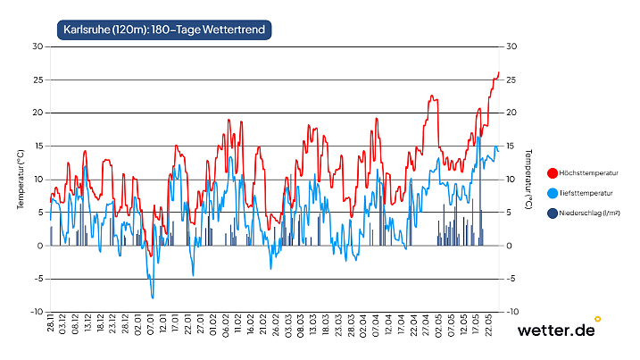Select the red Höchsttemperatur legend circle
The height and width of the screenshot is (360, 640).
click(553, 172)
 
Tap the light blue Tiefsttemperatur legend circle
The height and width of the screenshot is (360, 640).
click(553, 193)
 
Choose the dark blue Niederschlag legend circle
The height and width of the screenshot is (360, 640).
click(553, 213)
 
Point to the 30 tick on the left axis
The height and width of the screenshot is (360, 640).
click(38, 46)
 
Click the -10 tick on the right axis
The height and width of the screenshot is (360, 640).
click(512, 312)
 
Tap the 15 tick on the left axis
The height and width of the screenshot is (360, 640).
click(38, 146)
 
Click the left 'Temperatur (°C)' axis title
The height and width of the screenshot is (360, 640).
click(20, 179)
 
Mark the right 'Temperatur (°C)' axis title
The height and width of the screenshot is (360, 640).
click(529, 179)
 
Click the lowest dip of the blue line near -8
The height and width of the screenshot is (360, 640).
click(153, 297)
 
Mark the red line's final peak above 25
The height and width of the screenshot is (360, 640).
click(498, 72)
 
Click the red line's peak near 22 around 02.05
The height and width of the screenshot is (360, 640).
click(432, 96)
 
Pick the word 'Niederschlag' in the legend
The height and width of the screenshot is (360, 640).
click(584, 213)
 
